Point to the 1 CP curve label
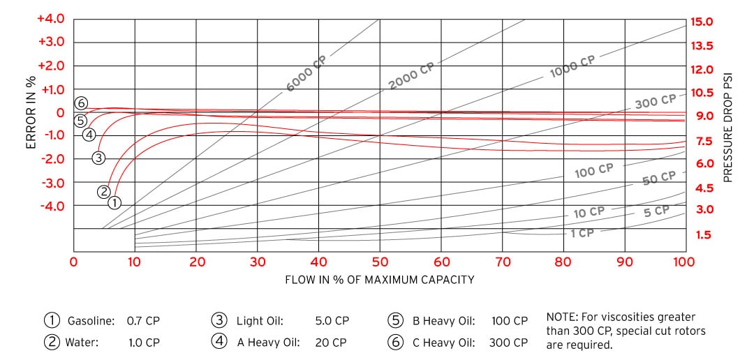(x=582, y=233)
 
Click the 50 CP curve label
(x=659, y=179)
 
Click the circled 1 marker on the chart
(x=114, y=202)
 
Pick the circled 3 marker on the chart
(x=98, y=158)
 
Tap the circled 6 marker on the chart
(x=82, y=103)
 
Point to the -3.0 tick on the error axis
(x=51, y=183)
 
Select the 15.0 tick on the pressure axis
(x=702, y=22)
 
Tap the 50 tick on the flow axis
(x=380, y=262)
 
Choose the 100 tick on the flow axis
(x=684, y=262)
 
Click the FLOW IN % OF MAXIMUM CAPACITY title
(x=380, y=280)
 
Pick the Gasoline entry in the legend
(x=90, y=322)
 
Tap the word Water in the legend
(x=82, y=343)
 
